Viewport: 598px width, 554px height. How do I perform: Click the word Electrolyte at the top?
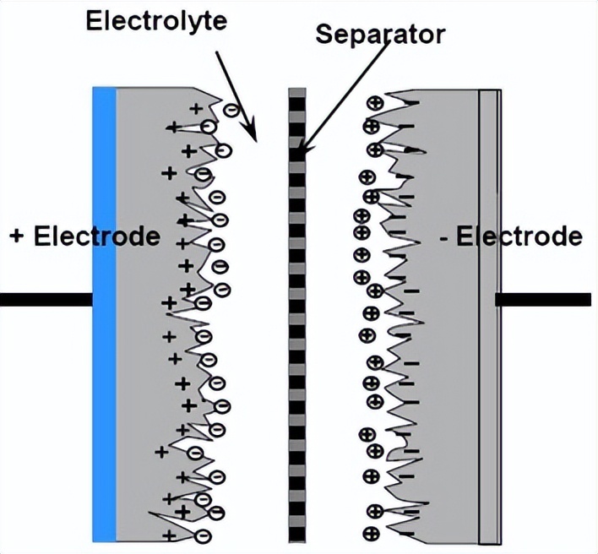156,21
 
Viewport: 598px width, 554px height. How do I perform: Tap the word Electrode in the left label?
97,236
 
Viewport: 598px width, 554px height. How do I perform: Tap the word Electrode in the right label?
519,236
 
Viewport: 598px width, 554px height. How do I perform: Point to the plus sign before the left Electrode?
16,236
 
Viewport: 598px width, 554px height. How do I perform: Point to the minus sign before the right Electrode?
444,236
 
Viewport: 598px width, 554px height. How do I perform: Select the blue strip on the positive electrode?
103,312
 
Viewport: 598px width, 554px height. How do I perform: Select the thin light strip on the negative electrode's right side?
490,312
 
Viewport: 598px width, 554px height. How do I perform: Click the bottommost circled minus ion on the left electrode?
203,535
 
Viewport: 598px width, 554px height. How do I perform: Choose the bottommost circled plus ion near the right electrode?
370,533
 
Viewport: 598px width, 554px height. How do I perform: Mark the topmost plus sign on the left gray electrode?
195,108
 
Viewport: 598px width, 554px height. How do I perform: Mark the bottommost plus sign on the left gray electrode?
169,535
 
